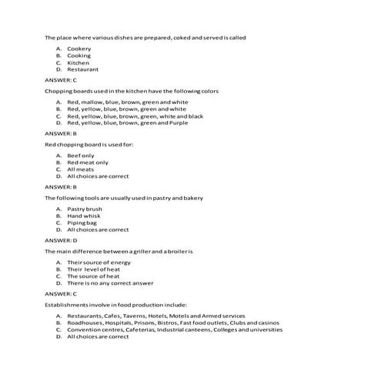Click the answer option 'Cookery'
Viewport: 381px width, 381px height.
point(79,48)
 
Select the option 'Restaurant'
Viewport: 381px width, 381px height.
point(82,69)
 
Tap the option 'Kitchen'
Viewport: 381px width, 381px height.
point(79,62)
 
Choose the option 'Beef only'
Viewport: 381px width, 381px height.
point(81,155)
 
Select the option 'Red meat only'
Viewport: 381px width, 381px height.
point(88,162)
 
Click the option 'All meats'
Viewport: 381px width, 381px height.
point(80,169)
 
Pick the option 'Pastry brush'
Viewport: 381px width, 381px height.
point(85,209)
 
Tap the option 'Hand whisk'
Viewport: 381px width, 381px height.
point(84,216)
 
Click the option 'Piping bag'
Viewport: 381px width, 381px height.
point(82,222)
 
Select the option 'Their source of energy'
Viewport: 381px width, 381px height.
point(99,262)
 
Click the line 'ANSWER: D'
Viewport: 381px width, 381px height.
point(61,240)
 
